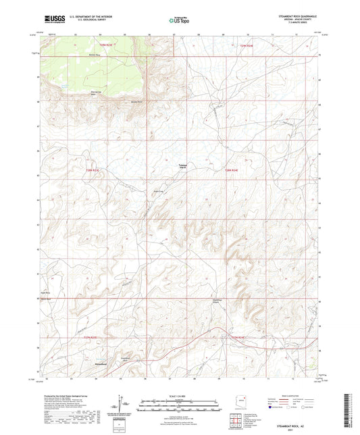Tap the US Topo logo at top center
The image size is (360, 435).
(180, 21)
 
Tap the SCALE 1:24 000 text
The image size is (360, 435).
(180, 395)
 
